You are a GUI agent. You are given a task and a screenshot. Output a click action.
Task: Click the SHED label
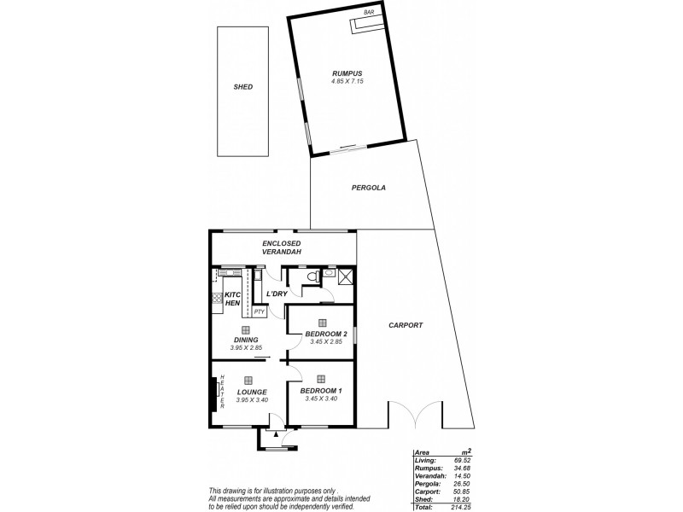(x=243, y=87)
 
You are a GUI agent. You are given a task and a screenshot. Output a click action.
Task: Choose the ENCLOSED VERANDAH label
(x=282, y=247)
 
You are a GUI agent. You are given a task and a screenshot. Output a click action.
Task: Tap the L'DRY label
(x=275, y=294)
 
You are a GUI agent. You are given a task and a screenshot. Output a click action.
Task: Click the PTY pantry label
(x=259, y=311)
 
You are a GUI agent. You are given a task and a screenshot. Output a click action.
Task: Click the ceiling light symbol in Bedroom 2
(x=322, y=322)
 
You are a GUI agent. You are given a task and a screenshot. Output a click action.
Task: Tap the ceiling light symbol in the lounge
(x=248, y=381)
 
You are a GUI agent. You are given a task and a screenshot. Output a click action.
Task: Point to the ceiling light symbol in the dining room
(x=245, y=329)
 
